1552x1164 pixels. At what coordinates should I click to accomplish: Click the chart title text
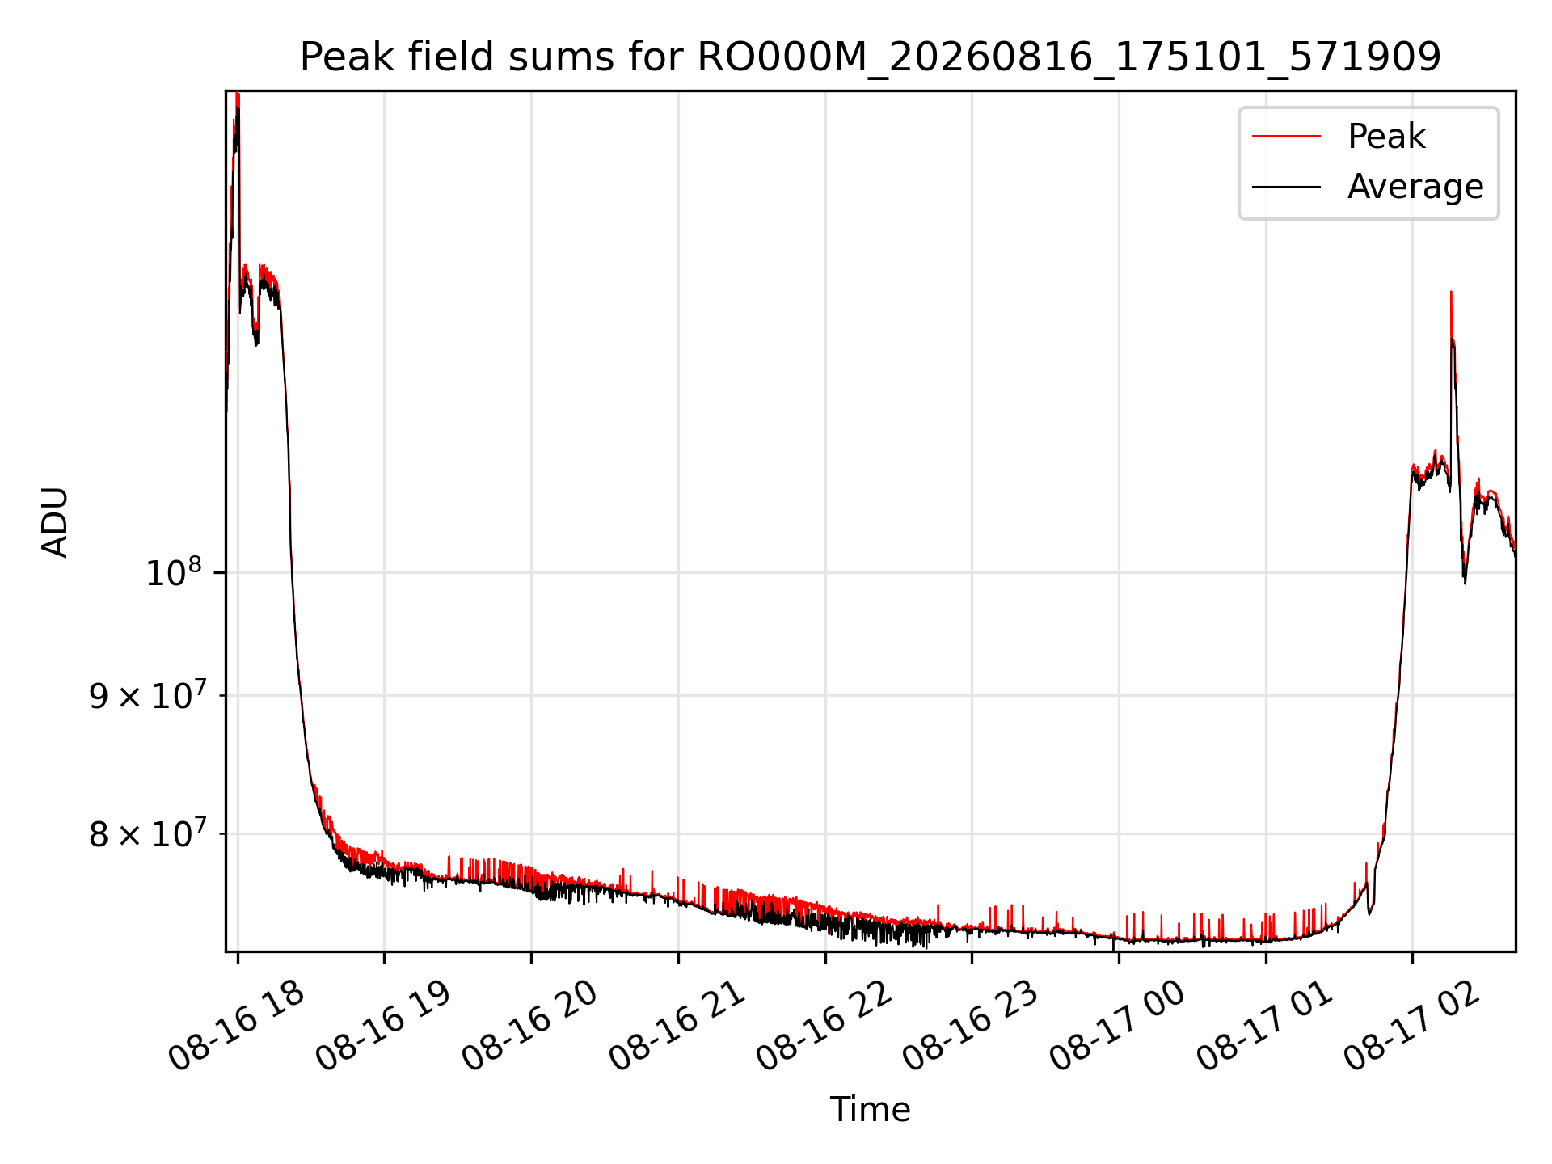click(x=871, y=57)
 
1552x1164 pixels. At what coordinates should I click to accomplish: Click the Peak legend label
click(x=1386, y=137)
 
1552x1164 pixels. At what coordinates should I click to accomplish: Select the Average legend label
click(x=1415, y=187)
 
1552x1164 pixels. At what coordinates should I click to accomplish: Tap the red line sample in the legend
click(x=1286, y=137)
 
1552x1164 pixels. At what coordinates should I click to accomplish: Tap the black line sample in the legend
click(x=1286, y=187)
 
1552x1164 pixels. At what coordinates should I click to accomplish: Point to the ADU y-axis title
click(x=55, y=521)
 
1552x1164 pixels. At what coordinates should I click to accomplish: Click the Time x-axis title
click(x=871, y=1110)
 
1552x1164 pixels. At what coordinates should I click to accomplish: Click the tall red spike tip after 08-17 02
click(x=1451, y=292)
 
